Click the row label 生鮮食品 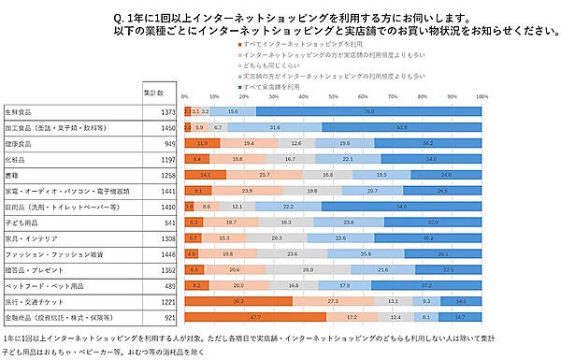tap(20, 111)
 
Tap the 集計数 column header tap(153, 93)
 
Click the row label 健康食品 tap(20, 143)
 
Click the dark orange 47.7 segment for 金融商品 tap(255, 318)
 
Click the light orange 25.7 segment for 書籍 tap(265, 175)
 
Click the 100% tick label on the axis tap(481, 97)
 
